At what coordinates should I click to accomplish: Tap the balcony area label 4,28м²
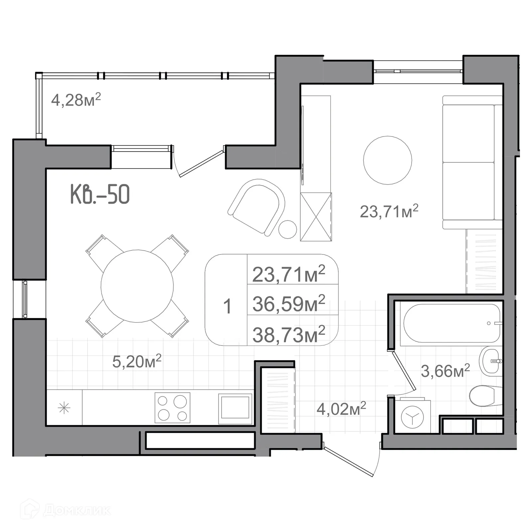tap(76, 99)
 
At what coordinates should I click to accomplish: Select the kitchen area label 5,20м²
tap(137, 361)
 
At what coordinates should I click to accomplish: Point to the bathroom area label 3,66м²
tap(446, 370)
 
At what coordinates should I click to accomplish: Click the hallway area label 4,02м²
tap(341, 408)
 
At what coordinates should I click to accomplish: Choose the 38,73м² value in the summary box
tap(289, 334)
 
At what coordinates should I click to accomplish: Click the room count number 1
tap(227, 306)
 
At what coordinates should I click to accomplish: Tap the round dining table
tap(137, 286)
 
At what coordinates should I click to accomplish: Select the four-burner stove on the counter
tap(173, 408)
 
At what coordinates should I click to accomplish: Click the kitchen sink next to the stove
tap(235, 409)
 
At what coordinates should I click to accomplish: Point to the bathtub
tap(452, 324)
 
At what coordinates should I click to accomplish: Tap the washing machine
tap(412, 416)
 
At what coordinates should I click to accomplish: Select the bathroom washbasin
tap(490, 361)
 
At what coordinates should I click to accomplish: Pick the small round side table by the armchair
tap(287, 229)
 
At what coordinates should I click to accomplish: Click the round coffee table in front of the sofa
tap(387, 160)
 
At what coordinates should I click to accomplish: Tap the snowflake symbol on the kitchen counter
tap(64, 408)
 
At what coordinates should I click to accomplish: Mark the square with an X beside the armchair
tap(316, 217)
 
